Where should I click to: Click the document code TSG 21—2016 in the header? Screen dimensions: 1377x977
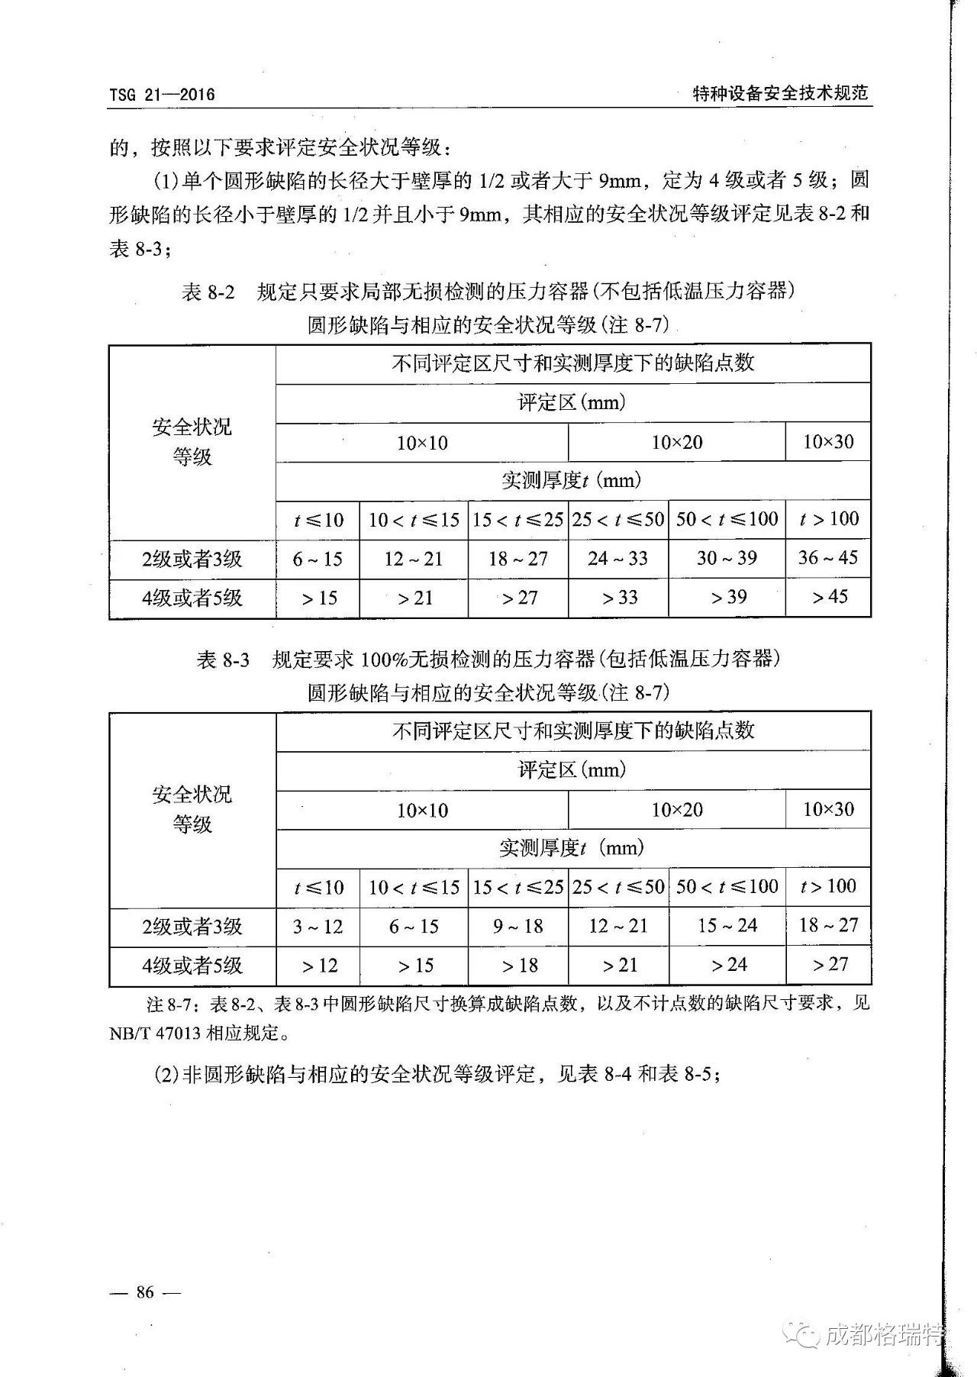pos(162,95)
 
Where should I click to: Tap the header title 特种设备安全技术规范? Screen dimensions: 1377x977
pos(780,93)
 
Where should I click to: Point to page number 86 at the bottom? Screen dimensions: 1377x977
pos(145,1292)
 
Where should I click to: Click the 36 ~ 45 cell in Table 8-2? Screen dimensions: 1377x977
pos(828,558)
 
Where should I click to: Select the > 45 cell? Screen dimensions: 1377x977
pos(828,597)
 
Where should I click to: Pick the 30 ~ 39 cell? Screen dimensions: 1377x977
pos(727,558)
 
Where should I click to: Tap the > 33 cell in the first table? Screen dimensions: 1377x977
pos(618,598)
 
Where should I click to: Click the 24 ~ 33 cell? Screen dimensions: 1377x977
pos(618,559)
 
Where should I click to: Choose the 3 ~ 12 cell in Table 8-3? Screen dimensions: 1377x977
pos(318,927)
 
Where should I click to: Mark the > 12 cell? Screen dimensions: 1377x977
pos(318,966)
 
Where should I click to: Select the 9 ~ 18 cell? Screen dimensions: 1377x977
pos(518,927)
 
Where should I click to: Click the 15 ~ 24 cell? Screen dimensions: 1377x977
pos(727,926)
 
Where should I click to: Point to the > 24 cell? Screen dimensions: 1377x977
pos(727,965)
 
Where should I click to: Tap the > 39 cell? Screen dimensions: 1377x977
pos(727,598)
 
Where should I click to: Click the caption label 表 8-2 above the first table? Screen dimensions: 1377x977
pos(208,292)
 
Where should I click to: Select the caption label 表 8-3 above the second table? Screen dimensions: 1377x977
pos(223,659)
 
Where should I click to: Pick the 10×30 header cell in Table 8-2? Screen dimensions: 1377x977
pos(828,442)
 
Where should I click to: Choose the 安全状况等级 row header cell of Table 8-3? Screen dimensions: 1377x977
pos(192,809)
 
